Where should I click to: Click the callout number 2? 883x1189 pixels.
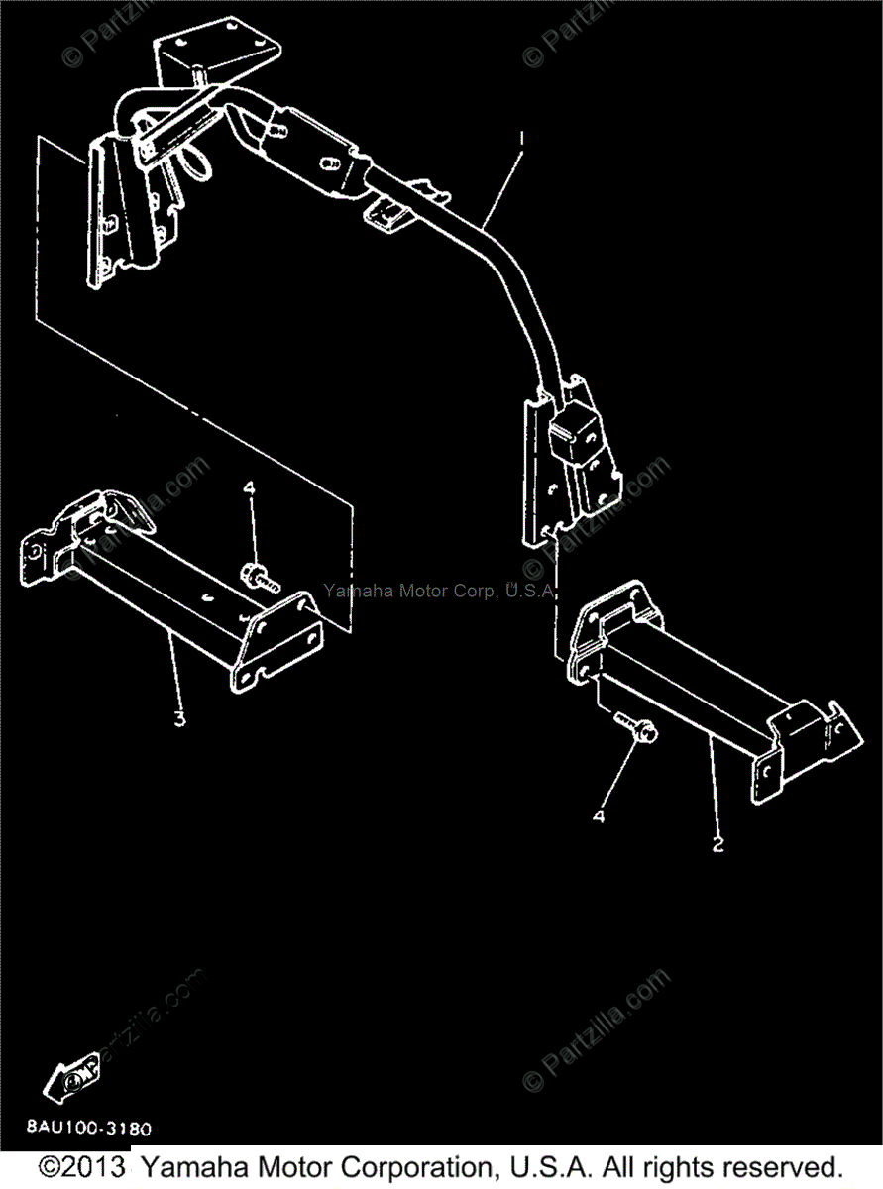pos(717,845)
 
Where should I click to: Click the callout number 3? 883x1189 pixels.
pos(179,719)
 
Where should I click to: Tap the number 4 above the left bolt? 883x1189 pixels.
pos(250,488)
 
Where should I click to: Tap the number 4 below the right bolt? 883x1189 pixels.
pos(599,816)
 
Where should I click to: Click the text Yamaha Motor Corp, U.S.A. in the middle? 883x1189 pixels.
pos(440,591)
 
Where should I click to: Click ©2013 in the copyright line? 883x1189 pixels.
pos(82,1167)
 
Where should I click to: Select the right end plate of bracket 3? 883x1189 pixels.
pos(276,643)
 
